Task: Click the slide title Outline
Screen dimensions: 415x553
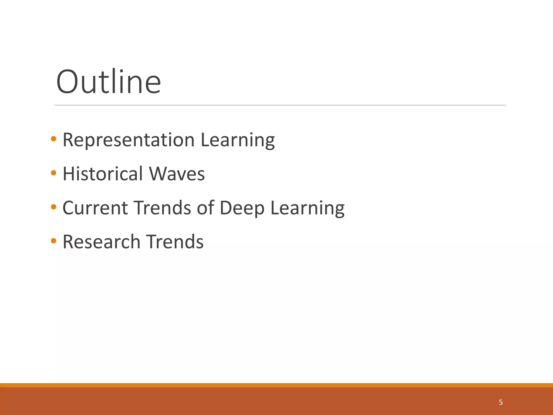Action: pyautogui.click(x=108, y=82)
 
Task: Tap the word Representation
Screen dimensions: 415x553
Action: pyautogui.click(x=129, y=140)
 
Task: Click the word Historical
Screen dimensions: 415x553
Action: pyautogui.click(x=103, y=174)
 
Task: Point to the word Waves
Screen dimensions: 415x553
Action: pyautogui.click(x=177, y=174)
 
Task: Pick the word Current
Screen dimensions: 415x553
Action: pyautogui.click(x=95, y=208)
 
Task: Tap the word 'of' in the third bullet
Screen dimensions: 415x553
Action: pyautogui.click(x=205, y=208)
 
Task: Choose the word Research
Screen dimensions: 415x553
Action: pyautogui.click(x=102, y=242)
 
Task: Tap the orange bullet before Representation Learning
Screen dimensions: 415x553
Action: pyautogui.click(x=53, y=139)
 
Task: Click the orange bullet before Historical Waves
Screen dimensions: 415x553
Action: pyautogui.click(x=53, y=173)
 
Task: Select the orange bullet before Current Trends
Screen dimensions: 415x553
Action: pyautogui.click(x=53, y=207)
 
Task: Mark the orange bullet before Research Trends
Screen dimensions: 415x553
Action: pyautogui.click(x=53, y=241)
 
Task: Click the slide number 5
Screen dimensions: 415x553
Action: pyautogui.click(x=501, y=403)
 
